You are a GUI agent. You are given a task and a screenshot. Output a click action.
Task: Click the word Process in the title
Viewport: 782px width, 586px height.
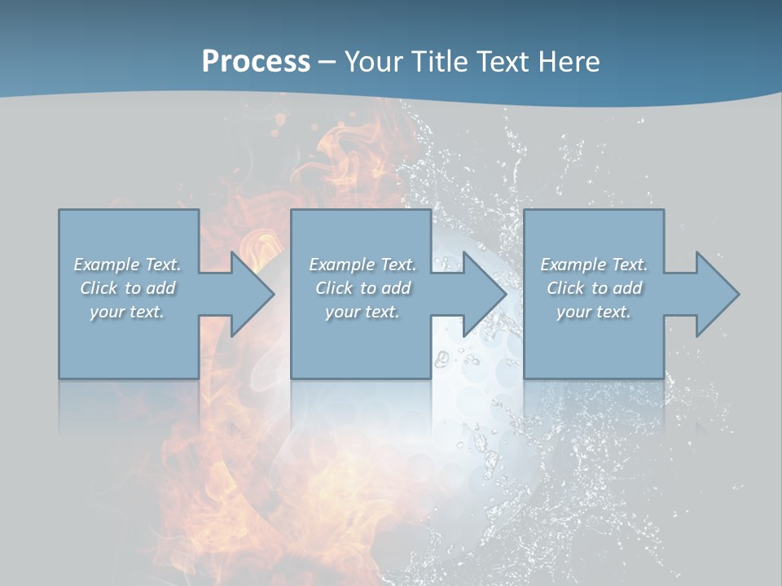(x=256, y=62)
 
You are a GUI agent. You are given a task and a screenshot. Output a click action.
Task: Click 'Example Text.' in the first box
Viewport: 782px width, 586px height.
(x=127, y=265)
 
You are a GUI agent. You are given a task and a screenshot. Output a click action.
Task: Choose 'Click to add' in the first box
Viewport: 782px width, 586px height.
(x=128, y=288)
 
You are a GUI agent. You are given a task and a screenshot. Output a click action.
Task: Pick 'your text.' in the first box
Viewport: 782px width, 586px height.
(x=127, y=312)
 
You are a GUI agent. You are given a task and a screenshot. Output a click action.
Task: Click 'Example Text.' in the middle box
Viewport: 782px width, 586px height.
(x=362, y=265)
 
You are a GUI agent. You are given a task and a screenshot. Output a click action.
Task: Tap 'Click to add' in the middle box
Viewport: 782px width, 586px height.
(x=362, y=288)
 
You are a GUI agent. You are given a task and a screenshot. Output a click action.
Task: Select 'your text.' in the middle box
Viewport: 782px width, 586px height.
(x=362, y=312)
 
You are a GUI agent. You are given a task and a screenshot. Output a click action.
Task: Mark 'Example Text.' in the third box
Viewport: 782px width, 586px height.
(x=594, y=265)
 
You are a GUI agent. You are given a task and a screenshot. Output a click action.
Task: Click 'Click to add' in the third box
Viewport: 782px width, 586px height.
(x=594, y=288)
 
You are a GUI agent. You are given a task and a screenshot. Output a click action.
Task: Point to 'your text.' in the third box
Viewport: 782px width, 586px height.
(x=593, y=312)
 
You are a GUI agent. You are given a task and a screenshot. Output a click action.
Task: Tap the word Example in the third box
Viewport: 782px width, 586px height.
(x=573, y=265)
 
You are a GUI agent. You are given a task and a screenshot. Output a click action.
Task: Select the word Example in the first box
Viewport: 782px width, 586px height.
(x=107, y=265)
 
